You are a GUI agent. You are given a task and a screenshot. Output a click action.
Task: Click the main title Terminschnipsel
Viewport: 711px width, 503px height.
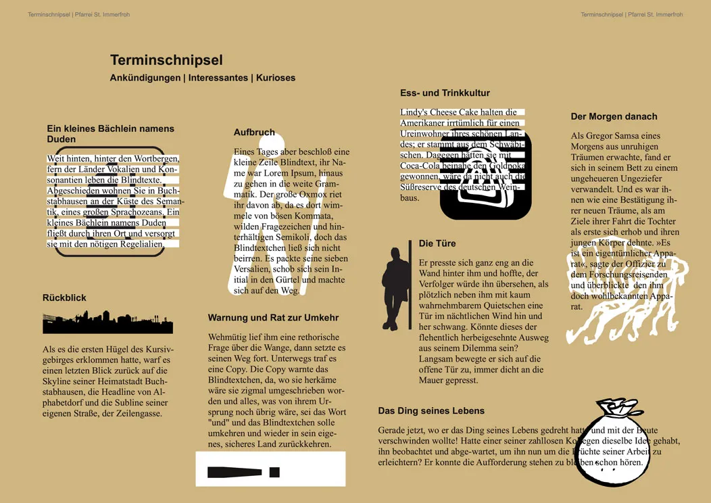pos(166,60)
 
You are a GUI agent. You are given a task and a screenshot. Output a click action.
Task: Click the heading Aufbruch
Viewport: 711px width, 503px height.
pos(254,133)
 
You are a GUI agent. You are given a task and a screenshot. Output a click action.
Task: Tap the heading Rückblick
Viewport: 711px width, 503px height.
pos(64,297)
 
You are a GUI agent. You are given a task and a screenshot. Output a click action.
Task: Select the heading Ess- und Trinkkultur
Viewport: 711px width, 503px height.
pos(445,93)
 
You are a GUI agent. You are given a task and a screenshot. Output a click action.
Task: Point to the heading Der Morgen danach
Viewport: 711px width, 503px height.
pos(614,116)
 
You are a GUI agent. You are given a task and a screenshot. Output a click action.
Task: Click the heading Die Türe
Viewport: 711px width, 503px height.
pos(437,243)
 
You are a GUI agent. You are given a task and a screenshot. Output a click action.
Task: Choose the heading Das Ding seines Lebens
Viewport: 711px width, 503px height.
pos(431,410)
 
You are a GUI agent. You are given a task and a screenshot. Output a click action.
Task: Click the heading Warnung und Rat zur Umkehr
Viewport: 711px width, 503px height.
pos(273,317)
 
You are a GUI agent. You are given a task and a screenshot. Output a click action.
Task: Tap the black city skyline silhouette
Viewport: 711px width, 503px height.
pos(108,322)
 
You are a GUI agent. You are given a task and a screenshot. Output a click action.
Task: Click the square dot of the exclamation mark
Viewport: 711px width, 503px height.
pos(274,471)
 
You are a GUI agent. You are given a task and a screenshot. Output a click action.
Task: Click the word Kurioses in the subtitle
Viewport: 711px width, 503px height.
pos(275,78)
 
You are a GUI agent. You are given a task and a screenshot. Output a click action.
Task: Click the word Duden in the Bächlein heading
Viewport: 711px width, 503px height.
pos(61,139)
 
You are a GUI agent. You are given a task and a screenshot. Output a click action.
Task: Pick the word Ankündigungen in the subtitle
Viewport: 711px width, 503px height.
pos(145,78)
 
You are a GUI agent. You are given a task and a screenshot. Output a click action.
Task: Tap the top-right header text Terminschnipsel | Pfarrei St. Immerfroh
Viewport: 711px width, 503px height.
pos(631,14)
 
